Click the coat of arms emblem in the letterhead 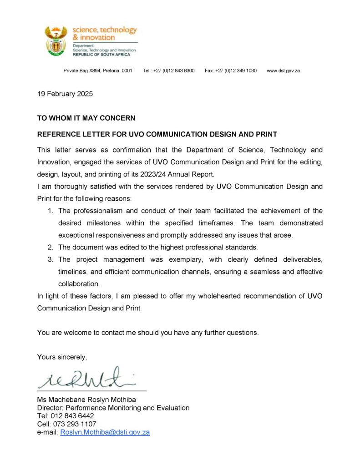pos(56,41)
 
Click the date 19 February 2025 pos(65,94)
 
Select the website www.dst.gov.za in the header pos(283,71)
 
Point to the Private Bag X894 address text pos(97,71)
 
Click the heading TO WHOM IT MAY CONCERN pos(86,118)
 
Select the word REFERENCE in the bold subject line pos(59,135)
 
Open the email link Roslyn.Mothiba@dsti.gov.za pos(105,432)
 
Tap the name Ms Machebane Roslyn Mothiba pos(86,400)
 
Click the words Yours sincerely pos(62,357)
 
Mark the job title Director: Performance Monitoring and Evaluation pos(113,408)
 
